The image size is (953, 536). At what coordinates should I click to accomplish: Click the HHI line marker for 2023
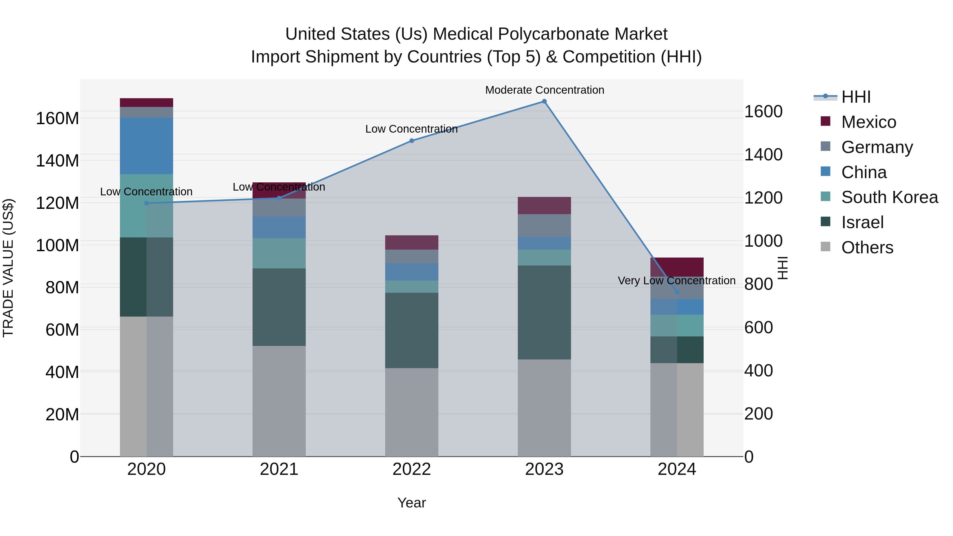pyautogui.click(x=544, y=101)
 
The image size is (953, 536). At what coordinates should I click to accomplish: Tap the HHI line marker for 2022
pyautogui.click(x=412, y=141)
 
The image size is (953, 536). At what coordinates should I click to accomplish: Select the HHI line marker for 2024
pyautogui.click(x=677, y=292)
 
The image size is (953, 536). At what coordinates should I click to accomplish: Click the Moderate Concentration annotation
pyautogui.click(x=545, y=90)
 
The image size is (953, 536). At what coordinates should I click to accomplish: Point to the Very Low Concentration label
pyautogui.click(x=677, y=280)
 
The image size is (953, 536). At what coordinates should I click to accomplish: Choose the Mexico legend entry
pyautogui.click(x=868, y=122)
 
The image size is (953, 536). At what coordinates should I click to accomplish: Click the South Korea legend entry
pyautogui.click(x=889, y=197)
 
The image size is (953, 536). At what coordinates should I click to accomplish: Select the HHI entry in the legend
pyautogui.click(x=856, y=97)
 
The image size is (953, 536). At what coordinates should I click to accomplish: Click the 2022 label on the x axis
pyautogui.click(x=411, y=469)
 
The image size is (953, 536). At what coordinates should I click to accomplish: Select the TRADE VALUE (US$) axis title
pyautogui.click(x=8, y=268)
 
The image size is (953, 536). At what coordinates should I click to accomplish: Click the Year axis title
pyautogui.click(x=411, y=503)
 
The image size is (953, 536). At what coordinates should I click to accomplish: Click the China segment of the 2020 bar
pyautogui.click(x=146, y=146)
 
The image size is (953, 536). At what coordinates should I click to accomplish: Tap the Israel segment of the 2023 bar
pyautogui.click(x=544, y=312)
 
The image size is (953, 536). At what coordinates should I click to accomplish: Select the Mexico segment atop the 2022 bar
pyautogui.click(x=411, y=242)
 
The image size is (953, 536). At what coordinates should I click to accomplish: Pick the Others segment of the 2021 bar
pyautogui.click(x=279, y=401)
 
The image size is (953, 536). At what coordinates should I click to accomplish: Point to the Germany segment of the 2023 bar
pyautogui.click(x=544, y=225)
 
